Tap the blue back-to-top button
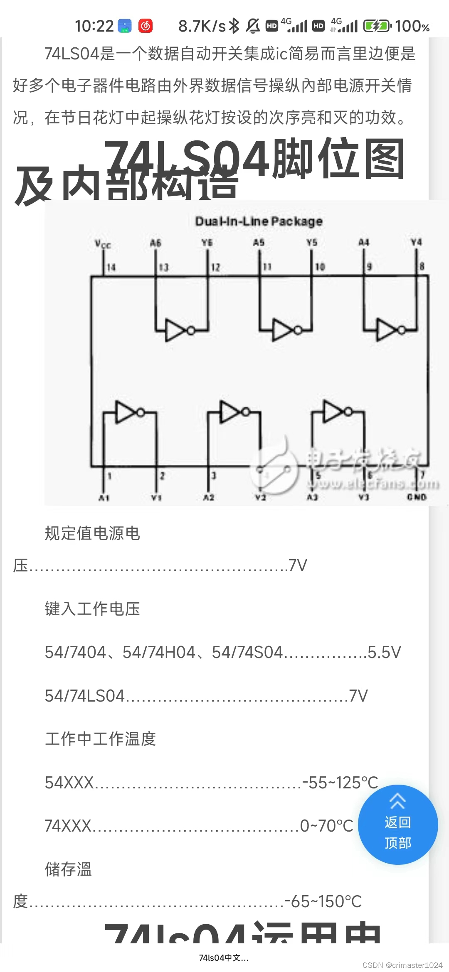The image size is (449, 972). click(397, 825)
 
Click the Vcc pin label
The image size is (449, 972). click(103, 244)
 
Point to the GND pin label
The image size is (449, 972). click(417, 497)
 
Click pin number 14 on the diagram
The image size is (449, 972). click(111, 267)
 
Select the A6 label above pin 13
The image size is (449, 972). click(155, 243)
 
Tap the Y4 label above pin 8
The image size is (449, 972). click(416, 242)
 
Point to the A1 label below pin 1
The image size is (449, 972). click(104, 498)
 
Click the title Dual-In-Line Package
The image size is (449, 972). click(259, 221)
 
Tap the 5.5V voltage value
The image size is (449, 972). click(385, 652)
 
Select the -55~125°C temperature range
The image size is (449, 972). click(340, 783)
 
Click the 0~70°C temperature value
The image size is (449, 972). click(327, 826)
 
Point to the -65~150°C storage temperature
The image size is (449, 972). click(323, 901)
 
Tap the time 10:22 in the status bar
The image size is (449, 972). click(94, 26)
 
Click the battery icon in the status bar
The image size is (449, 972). click(377, 26)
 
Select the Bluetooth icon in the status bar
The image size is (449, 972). click(234, 26)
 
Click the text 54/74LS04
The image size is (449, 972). click(85, 696)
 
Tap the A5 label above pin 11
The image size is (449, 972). click(259, 243)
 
